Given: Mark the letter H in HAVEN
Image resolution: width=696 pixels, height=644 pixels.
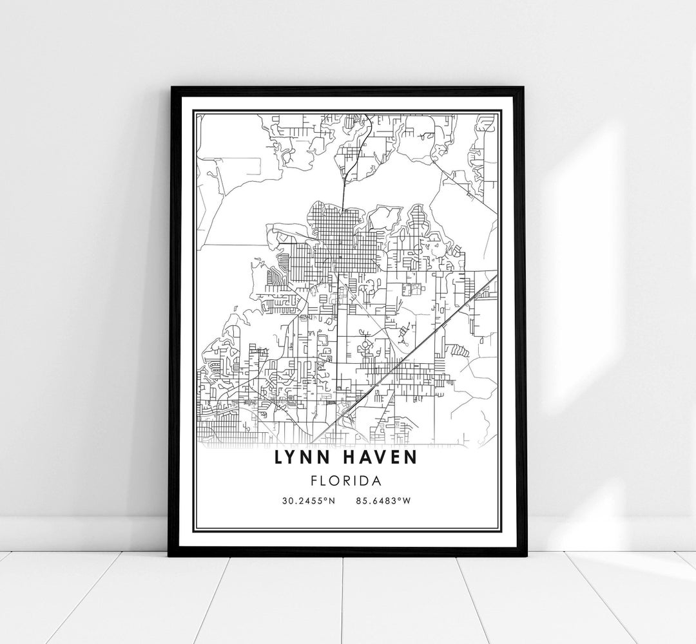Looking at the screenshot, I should coord(350,458).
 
